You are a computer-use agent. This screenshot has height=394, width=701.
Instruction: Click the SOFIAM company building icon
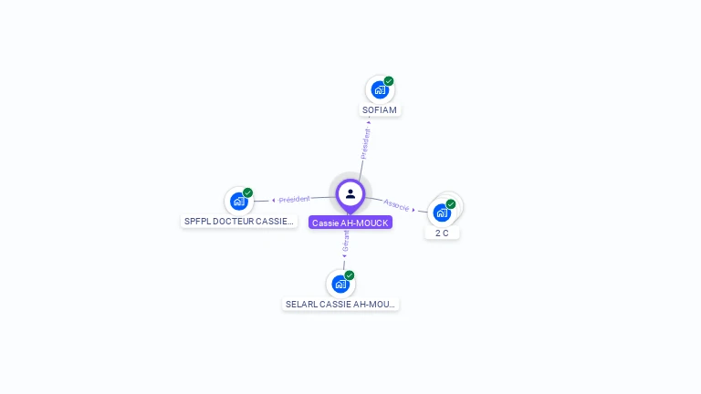click(x=380, y=90)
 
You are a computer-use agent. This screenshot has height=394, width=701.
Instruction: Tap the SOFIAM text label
click(x=380, y=110)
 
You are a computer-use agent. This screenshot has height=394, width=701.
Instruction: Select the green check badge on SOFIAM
click(x=389, y=81)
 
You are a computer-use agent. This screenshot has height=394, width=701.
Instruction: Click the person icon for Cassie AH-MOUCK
click(x=350, y=193)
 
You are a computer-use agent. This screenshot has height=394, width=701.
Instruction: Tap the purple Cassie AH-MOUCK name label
click(x=350, y=223)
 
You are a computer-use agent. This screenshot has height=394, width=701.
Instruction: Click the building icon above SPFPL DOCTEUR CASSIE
click(x=239, y=202)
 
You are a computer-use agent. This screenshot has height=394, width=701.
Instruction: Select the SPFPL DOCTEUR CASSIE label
click(x=239, y=221)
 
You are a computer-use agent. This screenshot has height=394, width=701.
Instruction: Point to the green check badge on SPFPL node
click(x=247, y=192)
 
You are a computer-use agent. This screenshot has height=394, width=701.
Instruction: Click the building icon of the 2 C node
click(x=442, y=213)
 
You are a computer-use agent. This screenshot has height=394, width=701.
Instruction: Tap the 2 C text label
click(x=442, y=233)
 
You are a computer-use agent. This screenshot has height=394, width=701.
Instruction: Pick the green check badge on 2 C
click(x=451, y=204)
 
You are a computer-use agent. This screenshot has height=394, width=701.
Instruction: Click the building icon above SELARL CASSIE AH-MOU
click(x=340, y=284)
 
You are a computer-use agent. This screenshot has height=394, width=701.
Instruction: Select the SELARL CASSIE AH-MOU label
click(x=340, y=304)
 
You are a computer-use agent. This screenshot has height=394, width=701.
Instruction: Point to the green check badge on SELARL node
click(x=350, y=275)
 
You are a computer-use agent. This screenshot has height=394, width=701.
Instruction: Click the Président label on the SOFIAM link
click(x=365, y=143)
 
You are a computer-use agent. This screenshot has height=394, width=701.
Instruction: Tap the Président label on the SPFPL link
click(x=295, y=199)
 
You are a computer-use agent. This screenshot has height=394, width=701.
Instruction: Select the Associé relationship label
click(x=396, y=204)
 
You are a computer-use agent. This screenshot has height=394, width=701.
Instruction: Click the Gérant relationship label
click(x=346, y=241)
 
